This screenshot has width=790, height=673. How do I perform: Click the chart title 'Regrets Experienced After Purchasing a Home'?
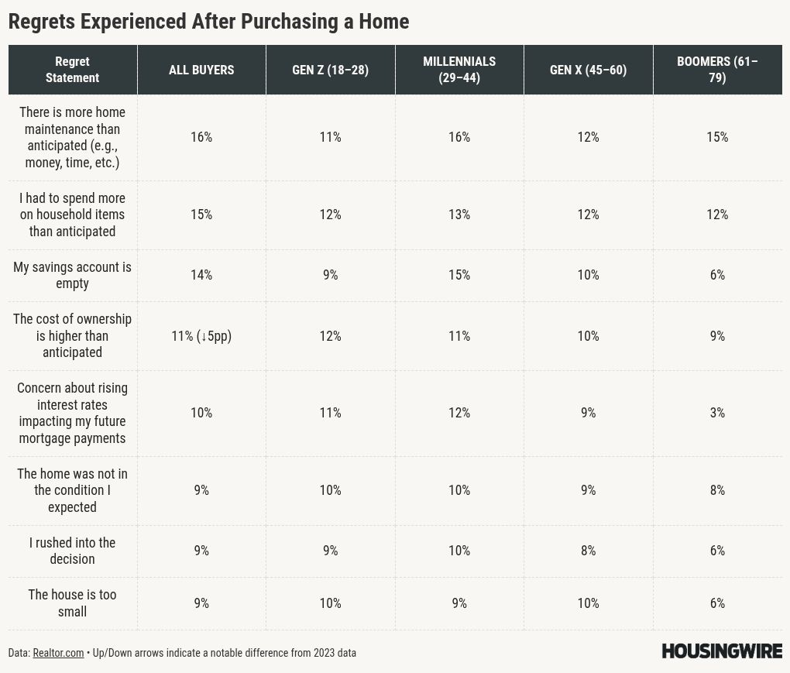pyautogui.click(x=208, y=22)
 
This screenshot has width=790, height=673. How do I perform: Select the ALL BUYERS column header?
pyautogui.click(x=201, y=70)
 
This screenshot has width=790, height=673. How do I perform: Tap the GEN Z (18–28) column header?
pyautogui.click(x=330, y=70)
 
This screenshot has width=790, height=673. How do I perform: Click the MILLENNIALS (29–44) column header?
pyautogui.click(x=459, y=70)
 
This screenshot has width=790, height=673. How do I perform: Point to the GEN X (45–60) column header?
pyautogui.click(x=588, y=70)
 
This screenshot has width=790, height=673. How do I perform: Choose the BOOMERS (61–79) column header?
pyautogui.click(x=717, y=70)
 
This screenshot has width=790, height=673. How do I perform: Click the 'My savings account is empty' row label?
pyautogui.click(x=72, y=275)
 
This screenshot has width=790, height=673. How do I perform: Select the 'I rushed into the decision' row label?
pyautogui.click(x=72, y=551)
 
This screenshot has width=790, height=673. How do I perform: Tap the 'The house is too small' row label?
pyautogui.click(x=72, y=603)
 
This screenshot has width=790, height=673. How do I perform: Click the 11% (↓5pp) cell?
pyautogui.click(x=201, y=336)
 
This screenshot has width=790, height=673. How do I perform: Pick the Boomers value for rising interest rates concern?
pyautogui.click(x=717, y=413)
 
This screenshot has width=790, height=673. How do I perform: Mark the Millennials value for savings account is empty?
pyautogui.click(x=459, y=275)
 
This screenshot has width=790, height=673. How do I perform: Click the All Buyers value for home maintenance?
pyautogui.click(x=201, y=137)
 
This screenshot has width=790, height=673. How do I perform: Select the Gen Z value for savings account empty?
pyautogui.click(x=330, y=275)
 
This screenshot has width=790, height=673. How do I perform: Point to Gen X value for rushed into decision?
pyautogui.click(x=588, y=551)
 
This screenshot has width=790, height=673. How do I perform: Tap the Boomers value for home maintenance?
pyautogui.click(x=717, y=137)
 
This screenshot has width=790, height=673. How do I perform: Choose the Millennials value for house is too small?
pyautogui.click(x=459, y=603)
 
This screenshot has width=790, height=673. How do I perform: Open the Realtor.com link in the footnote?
pyautogui.click(x=58, y=653)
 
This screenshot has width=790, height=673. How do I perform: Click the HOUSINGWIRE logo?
pyautogui.click(x=722, y=651)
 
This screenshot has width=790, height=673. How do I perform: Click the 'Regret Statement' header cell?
pyautogui.click(x=72, y=70)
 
